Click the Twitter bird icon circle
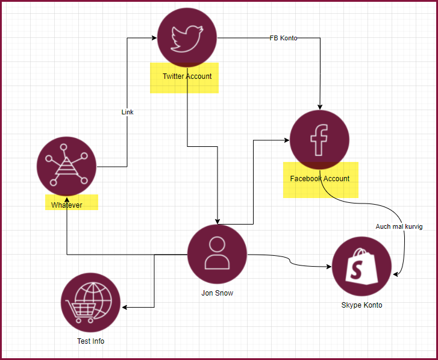click(187, 38)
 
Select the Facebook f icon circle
click(319, 140)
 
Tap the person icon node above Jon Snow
click(217, 254)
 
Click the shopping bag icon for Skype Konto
click(361, 266)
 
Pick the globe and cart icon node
click(91, 302)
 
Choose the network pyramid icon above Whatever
click(66, 166)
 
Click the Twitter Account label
click(187, 76)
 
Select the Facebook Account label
click(319, 179)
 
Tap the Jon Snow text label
click(217, 293)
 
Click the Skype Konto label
click(361, 305)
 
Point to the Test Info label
click(91, 341)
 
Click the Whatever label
click(66, 205)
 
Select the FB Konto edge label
click(283, 38)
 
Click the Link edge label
click(127, 113)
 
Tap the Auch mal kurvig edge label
click(398, 227)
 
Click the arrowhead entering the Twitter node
click(154, 38)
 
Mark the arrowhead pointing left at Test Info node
click(125, 308)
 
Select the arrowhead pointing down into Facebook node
click(319, 107)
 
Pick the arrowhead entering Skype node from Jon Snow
click(329, 266)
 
